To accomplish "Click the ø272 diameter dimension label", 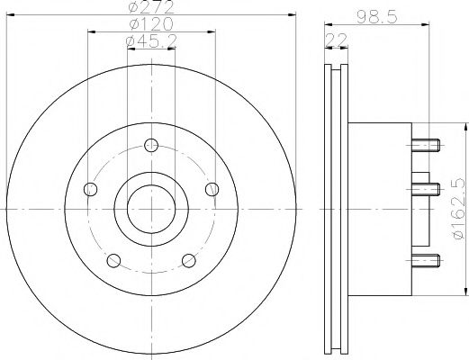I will click(x=150, y=8).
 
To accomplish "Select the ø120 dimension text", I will click(x=150, y=25).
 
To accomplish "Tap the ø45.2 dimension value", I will click(x=150, y=42).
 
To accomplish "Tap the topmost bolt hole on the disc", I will click(x=150, y=143).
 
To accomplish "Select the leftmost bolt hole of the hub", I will click(x=89, y=189).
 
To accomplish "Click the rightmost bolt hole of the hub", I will click(x=212, y=189).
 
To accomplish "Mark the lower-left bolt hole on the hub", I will click(x=113, y=261).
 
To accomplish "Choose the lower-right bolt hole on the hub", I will click(x=189, y=261).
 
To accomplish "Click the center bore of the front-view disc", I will click(x=150, y=209).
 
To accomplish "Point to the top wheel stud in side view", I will click(x=428, y=142).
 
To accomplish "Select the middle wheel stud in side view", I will click(x=428, y=188).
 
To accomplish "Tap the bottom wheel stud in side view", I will click(x=428, y=261).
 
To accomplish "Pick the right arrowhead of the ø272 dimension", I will click(x=293, y=14).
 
